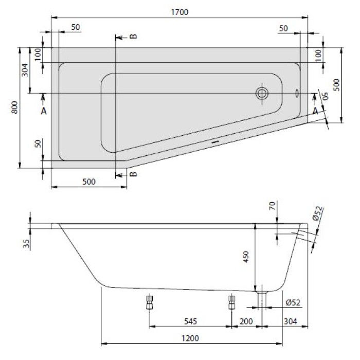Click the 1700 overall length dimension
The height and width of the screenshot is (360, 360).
click(x=179, y=12)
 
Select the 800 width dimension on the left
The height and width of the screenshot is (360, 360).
click(x=15, y=107)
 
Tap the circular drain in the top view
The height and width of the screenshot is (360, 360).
click(x=262, y=94)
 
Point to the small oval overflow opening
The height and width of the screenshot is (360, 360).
click(x=297, y=93)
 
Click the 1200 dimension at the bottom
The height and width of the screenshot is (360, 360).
click(x=190, y=338)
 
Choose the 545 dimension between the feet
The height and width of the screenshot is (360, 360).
click(x=191, y=321)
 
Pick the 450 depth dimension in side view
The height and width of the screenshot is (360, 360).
click(x=246, y=257)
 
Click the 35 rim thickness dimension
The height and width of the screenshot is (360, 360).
click(x=26, y=244)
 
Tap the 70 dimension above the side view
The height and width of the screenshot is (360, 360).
click(x=272, y=206)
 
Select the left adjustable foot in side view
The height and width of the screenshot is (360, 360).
click(x=150, y=302)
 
